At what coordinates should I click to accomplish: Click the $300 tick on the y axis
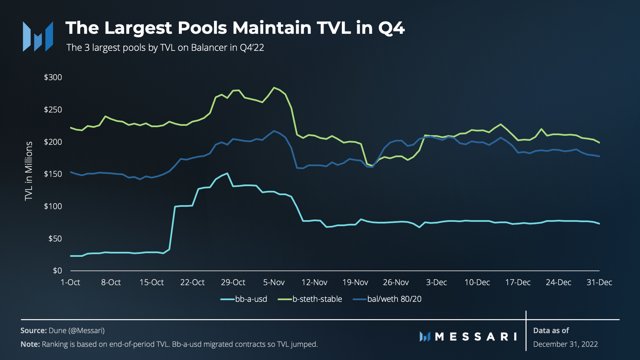point(53,77)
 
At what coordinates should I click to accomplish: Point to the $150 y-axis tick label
point(53,174)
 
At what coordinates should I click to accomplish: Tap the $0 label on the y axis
point(57,271)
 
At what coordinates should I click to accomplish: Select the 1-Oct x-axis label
point(70,282)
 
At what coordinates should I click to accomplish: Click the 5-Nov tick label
point(274,282)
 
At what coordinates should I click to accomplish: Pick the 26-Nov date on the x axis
point(396,282)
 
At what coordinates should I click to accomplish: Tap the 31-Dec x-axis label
point(599,282)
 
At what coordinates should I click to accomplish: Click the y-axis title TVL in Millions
point(29,171)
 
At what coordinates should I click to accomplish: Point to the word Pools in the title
point(202,28)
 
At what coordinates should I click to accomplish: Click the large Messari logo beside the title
point(38,36)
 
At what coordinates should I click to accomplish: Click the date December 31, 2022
point(565,344)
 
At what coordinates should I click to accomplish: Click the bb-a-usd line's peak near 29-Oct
point(228,173)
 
